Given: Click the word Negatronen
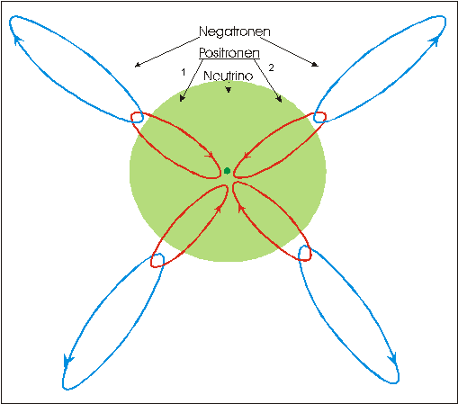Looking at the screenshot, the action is [x=235, y=31].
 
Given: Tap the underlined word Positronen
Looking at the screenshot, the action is [x=229, y=53].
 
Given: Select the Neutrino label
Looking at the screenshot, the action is [x=229, y=76].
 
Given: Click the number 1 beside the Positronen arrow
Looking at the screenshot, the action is [x=184, y=72].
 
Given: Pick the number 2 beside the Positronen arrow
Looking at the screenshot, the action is [x=271, y=67].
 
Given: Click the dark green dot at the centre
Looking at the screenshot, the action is [x=227, y=171].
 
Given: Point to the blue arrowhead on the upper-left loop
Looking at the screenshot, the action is [x=19, y=40].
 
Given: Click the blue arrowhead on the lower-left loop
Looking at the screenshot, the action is [x=67, y=360].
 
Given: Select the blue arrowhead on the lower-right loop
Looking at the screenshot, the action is [x=393, y=358].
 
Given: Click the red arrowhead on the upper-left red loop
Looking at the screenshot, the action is [x=210, y=156].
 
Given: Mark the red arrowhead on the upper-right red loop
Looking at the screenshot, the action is [x=247, y=156].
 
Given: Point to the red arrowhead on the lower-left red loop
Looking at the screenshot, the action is [x=219, y=209].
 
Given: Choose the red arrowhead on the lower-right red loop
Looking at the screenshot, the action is [x=241, y=208].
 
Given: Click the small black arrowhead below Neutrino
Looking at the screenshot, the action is [x=229, y=90].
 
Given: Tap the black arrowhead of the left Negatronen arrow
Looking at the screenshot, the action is [x=138, y=64].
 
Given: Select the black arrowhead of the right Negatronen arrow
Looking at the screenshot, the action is [x=315, y=64].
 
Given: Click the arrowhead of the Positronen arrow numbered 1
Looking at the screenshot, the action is [x=182, y=98].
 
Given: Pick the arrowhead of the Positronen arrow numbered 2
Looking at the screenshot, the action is [x=279, y=99].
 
